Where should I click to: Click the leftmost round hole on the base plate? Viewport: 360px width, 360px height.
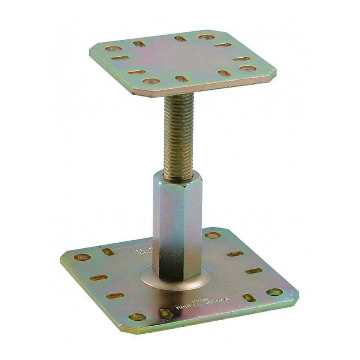[83, 258]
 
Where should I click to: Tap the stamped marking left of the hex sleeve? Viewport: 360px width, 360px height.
[139, 250]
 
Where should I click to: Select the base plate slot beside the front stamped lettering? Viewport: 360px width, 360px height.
[166, 313]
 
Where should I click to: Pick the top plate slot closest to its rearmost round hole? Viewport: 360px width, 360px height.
[180, 39]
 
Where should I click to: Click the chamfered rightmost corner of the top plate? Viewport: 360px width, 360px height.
[273, 74]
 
